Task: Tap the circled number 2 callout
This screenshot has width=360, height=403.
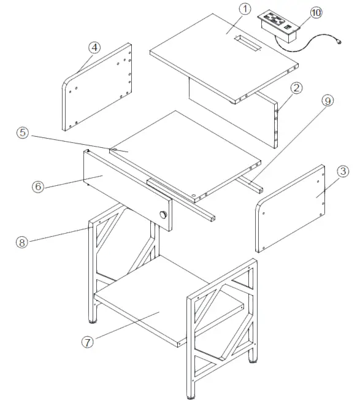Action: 296,88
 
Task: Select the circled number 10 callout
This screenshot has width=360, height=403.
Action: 315,13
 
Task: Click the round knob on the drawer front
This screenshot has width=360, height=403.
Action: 164,215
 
